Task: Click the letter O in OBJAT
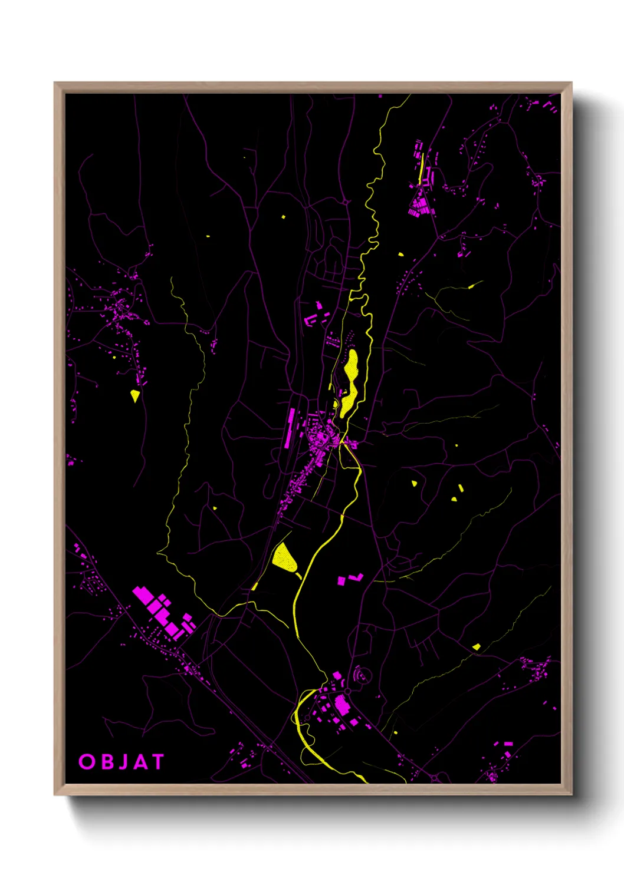tap(87, 762)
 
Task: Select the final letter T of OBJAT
tap(157, 762)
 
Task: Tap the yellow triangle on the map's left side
tap(135, 395)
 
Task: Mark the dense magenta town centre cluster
tap(321, 439)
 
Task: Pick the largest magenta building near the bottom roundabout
tap(341, 704)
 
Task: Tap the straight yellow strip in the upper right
tap(421, 168)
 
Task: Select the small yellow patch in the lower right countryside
tap(476, 647)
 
